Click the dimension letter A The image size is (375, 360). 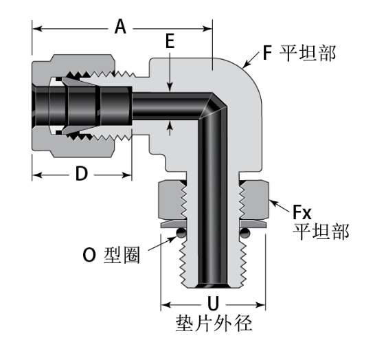coord(121,27)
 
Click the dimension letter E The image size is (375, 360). coord(170,42)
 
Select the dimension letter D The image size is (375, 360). coord(82,175)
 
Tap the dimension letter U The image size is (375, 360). coord(213,303)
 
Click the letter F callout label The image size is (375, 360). coord(268,52)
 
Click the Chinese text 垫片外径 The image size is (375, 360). coord(213,324)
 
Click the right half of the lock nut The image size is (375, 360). coord(253,200)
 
